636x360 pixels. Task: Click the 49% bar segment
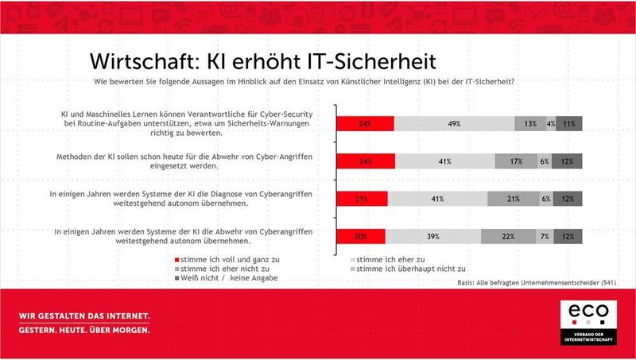pos(455,124)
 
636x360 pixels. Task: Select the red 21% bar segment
pos(362,199)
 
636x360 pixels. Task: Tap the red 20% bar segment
pos(361,236)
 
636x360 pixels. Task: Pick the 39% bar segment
pos(433,236)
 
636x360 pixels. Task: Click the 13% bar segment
pos(530,124)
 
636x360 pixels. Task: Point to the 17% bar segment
pos(515,161)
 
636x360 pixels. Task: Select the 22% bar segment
pos(508,236)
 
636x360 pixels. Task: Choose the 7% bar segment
pos(545,236)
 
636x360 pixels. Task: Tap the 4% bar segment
pos(551,124)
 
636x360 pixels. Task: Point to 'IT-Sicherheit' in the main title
pos(380,61)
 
